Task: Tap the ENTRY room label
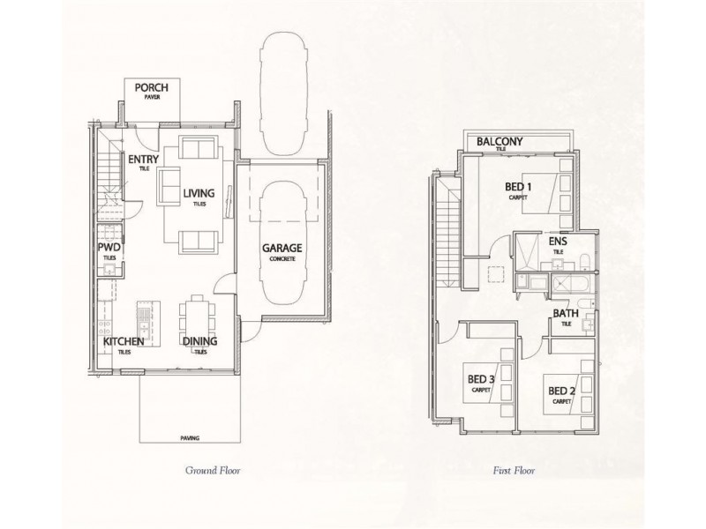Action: tap(143, 160)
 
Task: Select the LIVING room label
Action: tap(199, 194)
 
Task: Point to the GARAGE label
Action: tap(282, 249)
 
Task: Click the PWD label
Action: tap(109, 249)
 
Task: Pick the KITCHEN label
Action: tap(124, 341)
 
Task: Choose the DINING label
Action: tap(199, 341)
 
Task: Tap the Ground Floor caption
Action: tap(212, 472)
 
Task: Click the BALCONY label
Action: tap(500, 142)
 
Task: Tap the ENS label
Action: tap(558, 241)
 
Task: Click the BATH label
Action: tap(565, 314)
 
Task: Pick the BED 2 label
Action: tap(562, 391)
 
